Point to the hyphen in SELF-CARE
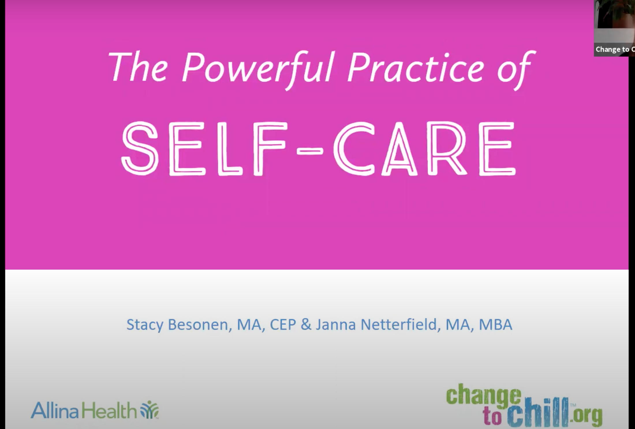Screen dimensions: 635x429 point(309,150)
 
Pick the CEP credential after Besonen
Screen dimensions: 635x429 point(283,324)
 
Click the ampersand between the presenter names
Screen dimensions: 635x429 point(306,324)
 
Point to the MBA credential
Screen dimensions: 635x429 point(496,324)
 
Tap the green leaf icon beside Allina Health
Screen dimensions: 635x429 point(149,409)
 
